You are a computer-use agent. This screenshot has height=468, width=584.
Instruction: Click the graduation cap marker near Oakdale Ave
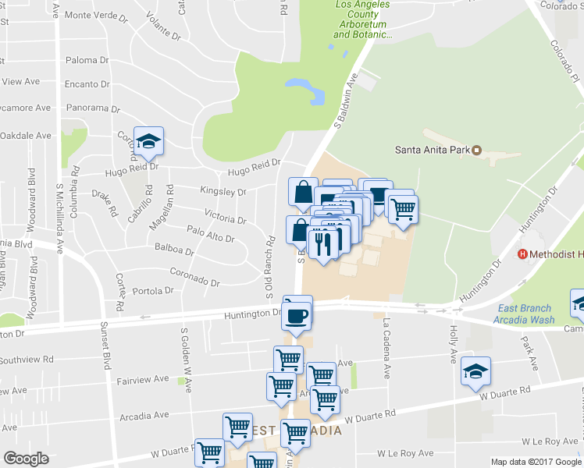[x=148, y=142]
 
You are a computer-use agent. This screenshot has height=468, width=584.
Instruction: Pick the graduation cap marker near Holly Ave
[x=475, y=373]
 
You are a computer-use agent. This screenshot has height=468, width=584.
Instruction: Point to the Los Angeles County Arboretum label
[x=362, y=19]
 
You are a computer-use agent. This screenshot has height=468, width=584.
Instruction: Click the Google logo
[x=26, y=458]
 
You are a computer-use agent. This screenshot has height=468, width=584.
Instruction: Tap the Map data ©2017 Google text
[x=536, y=462]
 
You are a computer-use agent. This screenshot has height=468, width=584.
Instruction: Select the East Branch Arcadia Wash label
[x=524, y=314]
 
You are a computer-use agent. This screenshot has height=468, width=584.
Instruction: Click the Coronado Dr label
[x=194, y=275]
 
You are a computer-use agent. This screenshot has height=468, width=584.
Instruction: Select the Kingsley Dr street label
[x=223, y=191]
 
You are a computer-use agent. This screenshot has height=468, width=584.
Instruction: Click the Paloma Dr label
[x=87, y=60]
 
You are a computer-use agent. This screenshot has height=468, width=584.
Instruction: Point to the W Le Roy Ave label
[x=404, y=453]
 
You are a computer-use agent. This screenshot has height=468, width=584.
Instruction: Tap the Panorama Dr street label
[x=92, y=109]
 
